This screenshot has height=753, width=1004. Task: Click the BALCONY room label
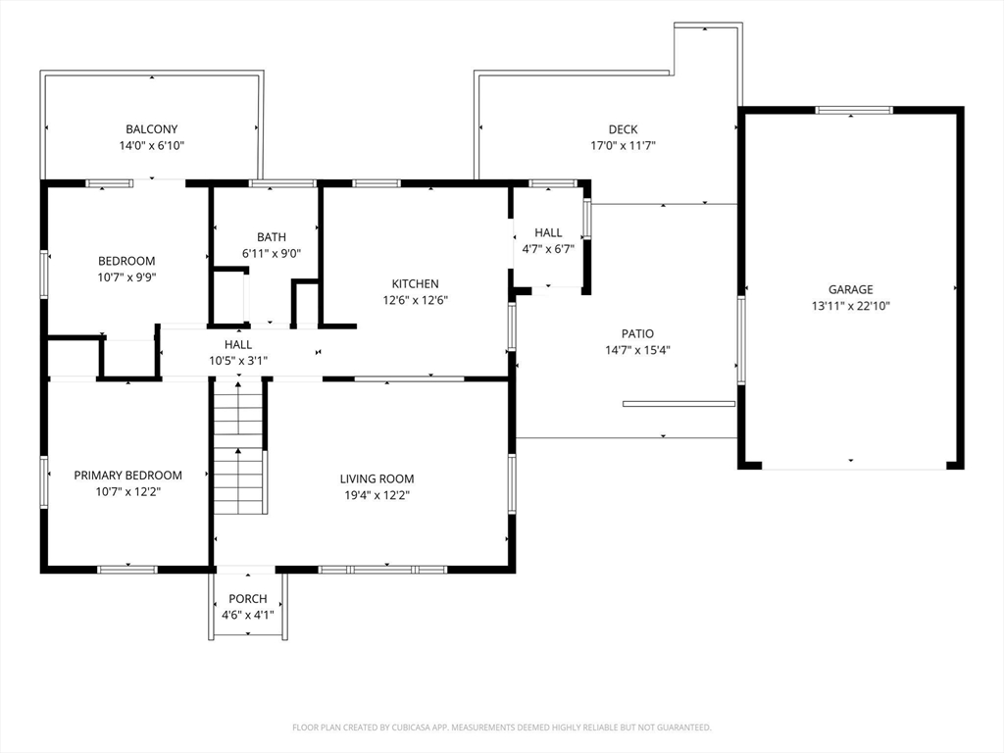[152, 129]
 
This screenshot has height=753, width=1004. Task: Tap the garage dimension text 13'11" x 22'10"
[850, 306]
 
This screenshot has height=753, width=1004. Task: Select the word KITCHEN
[415, 283]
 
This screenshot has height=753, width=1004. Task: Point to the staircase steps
[238, 446]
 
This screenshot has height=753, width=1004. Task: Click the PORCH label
[248, 599]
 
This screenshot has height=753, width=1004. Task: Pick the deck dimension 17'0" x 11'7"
[623, 146]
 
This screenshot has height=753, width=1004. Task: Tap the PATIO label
[637, 333]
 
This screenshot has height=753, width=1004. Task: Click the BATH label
[272, 237]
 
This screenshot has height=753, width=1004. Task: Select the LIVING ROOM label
[376, 478]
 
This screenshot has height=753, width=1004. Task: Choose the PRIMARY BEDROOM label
[128, 476]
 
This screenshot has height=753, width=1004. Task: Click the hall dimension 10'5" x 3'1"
[238, 361]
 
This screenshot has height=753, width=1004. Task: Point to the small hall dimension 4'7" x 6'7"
[548, 249]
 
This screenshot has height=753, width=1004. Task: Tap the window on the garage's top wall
[854, 110]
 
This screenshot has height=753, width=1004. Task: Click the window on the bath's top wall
[282, 183]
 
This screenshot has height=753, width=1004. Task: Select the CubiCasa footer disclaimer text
[502, 728]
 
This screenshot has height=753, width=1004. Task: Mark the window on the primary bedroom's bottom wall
[127, 570]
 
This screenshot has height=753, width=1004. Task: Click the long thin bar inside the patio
[678, 404]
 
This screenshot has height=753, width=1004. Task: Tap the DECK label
[623, 129]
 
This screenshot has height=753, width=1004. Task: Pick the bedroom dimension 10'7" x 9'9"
[126, 277]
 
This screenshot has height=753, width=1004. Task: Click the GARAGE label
[850, 289]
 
